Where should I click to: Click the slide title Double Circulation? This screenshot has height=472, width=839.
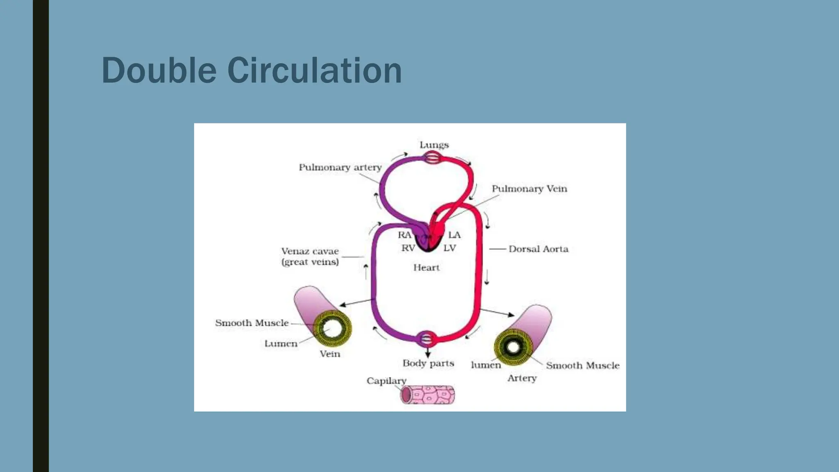coord(251,70)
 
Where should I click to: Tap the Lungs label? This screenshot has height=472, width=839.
coord(434,145)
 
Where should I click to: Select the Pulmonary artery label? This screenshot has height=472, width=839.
coord(340,167)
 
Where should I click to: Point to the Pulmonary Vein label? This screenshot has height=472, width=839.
coord(529,188)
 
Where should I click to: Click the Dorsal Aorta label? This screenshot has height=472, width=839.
coord(538,249)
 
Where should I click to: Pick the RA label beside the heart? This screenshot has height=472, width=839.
coord(404,235)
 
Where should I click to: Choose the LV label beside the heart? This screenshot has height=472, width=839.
coord(449,248)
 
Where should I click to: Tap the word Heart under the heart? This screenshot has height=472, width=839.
coord(426,268)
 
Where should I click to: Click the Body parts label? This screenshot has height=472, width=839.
coord(428,363)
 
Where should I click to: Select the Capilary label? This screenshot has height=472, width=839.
coord(386,381)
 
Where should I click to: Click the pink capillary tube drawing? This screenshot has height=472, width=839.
coord(428,395)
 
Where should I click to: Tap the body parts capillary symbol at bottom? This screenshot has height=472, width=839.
coord(427,339)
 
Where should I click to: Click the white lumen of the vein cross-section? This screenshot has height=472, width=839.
coord(332,328)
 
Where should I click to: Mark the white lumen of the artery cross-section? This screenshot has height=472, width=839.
coord(513,347)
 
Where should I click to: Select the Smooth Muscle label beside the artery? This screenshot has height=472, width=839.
coord(582,365)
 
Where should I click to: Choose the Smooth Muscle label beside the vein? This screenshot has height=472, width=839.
coord(252,323)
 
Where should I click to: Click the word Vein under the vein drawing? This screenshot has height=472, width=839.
coord(330,354)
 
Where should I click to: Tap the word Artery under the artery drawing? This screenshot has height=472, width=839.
coord(522,378)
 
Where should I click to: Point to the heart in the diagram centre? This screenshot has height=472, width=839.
coord(429,240)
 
